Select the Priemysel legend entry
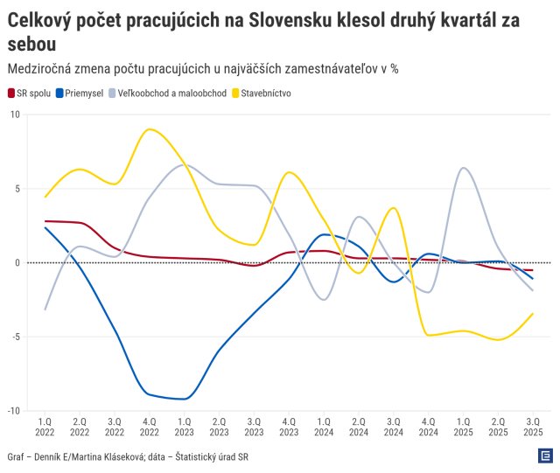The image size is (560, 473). click(x=80, y=92)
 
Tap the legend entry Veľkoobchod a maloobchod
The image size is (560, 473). click(x=161, y=92)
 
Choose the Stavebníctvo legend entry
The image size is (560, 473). click(x=259, y=92)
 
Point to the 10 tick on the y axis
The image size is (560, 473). click(x=13, y=115)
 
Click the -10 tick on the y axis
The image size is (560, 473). click(x=11, y=411)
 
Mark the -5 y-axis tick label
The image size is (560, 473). click(x=13, y=337)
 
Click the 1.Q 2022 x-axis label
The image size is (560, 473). click(x=45, y=426)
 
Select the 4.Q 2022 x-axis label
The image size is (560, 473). click(x=150, y=426)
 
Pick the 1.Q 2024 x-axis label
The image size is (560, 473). click(x=324, y=426)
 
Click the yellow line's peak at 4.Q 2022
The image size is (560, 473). click(x=150, y=129)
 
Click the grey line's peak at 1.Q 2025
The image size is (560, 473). click(x=464, y=168)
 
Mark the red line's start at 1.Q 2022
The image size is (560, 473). click(x=45, y=221)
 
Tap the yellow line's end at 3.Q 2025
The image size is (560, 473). click(x=533, y=314)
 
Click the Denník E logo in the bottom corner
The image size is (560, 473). click(x=544, y=456)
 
